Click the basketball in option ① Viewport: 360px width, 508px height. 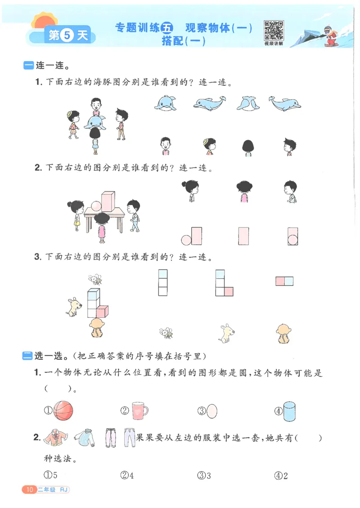[x=63, y=410]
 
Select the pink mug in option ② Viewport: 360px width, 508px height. [x=139, y=410]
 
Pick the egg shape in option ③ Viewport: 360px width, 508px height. [x=213, y=410]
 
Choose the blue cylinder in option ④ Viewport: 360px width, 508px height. [x=290, y=410]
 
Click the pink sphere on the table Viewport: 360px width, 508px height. [x=97, y=206]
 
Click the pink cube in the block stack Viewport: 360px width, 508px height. [x=103, y=311]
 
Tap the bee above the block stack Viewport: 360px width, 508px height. [x=95, y=280]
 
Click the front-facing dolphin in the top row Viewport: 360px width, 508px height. [x=165, y=103]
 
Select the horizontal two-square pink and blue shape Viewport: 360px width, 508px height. [x=284, y=281]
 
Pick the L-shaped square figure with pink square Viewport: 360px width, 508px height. [x=224, y=283]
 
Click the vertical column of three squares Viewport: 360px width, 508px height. [x=162, y=282]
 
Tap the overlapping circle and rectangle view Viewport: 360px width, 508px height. [x=293, y=236]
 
